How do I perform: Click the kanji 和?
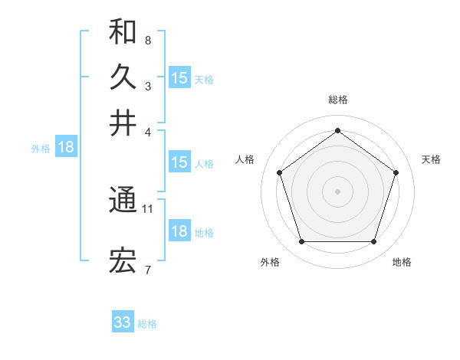(x=123, y=31)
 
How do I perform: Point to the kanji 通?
(x=123, y=201)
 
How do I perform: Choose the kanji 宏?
(x=123, y=262)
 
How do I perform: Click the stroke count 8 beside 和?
(x=148, y=39)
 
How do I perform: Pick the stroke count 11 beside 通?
(x=148, y=208)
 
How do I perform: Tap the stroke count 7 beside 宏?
(x=148, y=269)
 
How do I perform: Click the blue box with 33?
(x=123, y=322)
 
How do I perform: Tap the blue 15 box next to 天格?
(x=179, y=77)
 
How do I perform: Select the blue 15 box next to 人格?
(x=179, y=162)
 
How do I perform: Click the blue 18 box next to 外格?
(x=66, y=147)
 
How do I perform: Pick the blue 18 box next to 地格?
(x=179, y=231)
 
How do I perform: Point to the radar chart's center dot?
(x=337, y=191)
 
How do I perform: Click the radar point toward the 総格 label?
(x=337, y=130)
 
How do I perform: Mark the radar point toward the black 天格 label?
(x=396, y=172)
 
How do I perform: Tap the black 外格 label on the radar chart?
(x=271, y=262)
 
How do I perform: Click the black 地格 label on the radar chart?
(x=402, y=262)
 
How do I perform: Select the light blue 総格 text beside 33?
(x=147, y=324)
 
